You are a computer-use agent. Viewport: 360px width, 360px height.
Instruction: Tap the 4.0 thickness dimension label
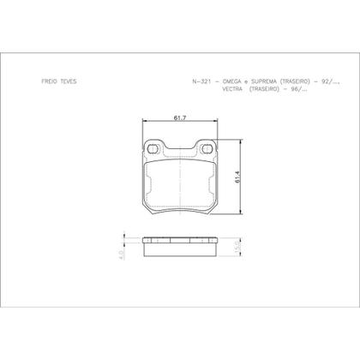[123, 254]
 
